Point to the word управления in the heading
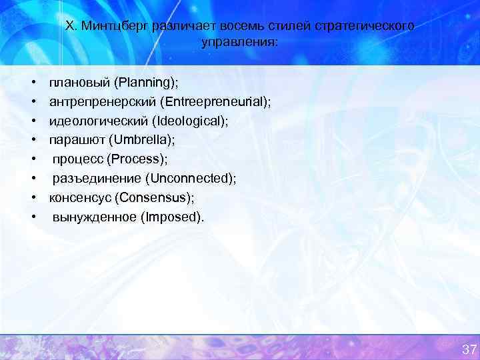point(239,41)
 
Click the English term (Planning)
point(145,82)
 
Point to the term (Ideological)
point(190,121)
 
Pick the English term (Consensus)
point(154,198)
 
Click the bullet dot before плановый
point(33,83)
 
